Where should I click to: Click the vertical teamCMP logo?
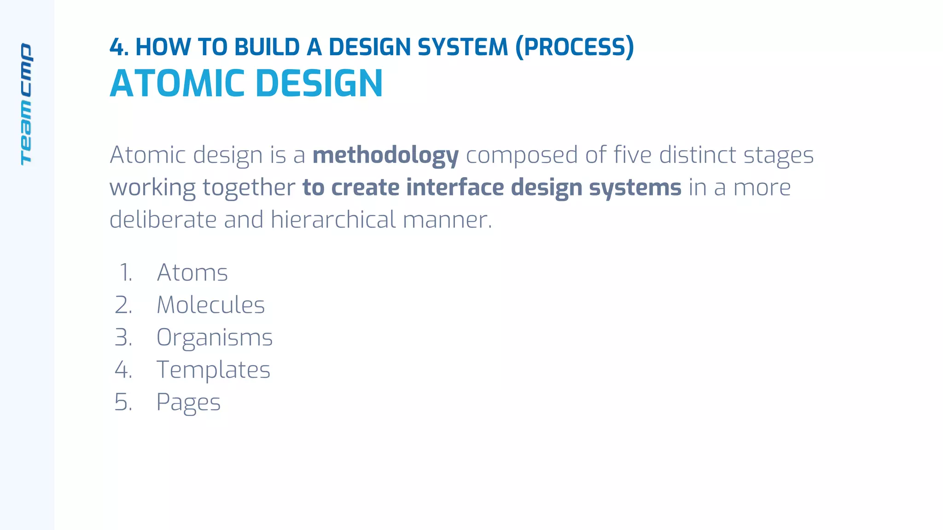click(x=26, y=104)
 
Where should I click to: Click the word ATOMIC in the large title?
click(x=177, y=84)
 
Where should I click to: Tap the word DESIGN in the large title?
click(x=319, y=84)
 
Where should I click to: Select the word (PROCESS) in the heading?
click(x=575, y=47)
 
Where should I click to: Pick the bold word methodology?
click(x=385, y=156)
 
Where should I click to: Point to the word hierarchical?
click(x=333, y=219)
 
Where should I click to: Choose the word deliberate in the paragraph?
click(x=163, y=219)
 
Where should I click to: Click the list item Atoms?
click(x=192, y=272)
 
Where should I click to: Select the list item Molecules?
click(x=210, y=305)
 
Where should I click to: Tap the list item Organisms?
click(x=215, y=338)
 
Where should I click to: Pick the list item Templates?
click(x=213, y=370)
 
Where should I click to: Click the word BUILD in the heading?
click(x=267, y=47)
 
